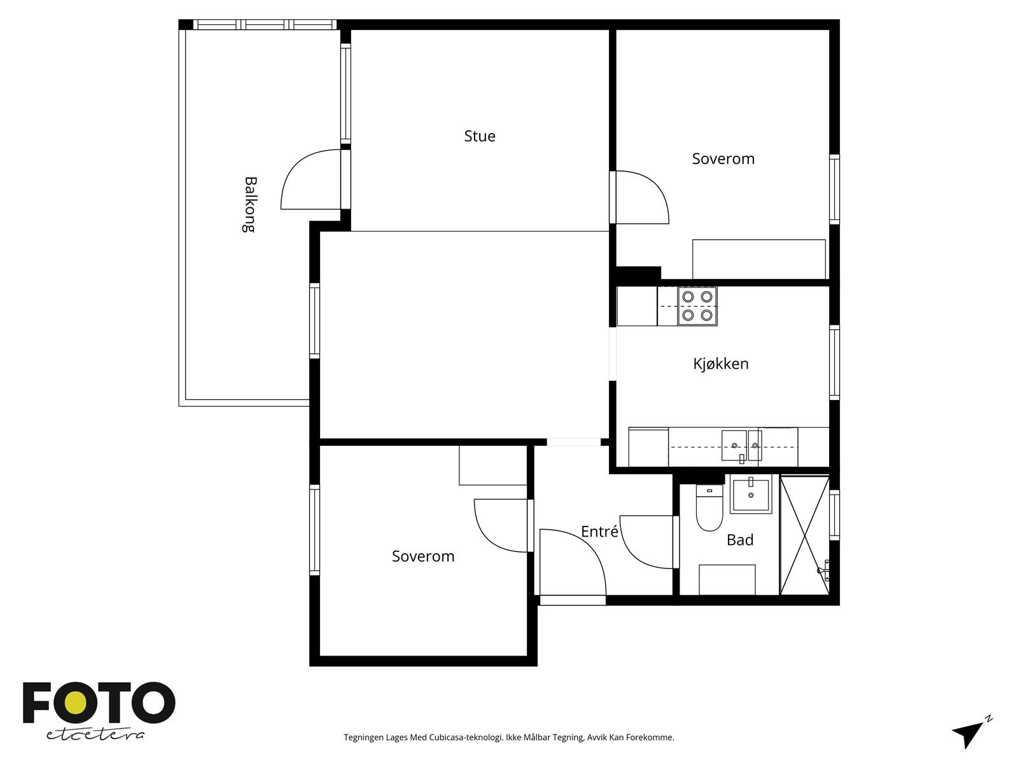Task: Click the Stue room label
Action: pyautogui.click(x=480, y=136)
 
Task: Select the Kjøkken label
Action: pyautogui.click(x=721, y=364)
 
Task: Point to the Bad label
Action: pyautogui.click(x=740, y=540)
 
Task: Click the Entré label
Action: pyautogui.click(x=599, y=531)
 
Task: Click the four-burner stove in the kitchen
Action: pyautogui.click(x=697, y=306)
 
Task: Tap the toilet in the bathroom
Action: pyautogui.click(x=709, y=508)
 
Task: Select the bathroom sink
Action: pyautogui.click(x=751, y=494)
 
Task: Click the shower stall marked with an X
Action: pyautogui.click(x=805, y=535)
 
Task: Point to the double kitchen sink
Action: pyautogui.click(x=741, y=446)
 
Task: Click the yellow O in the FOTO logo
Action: pyautogui.click(x=75, y=703)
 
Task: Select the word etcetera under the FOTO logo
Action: pyautogui.click(x=95, y=735)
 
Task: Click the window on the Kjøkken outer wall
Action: pyautogui.click(x=834, y=362)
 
